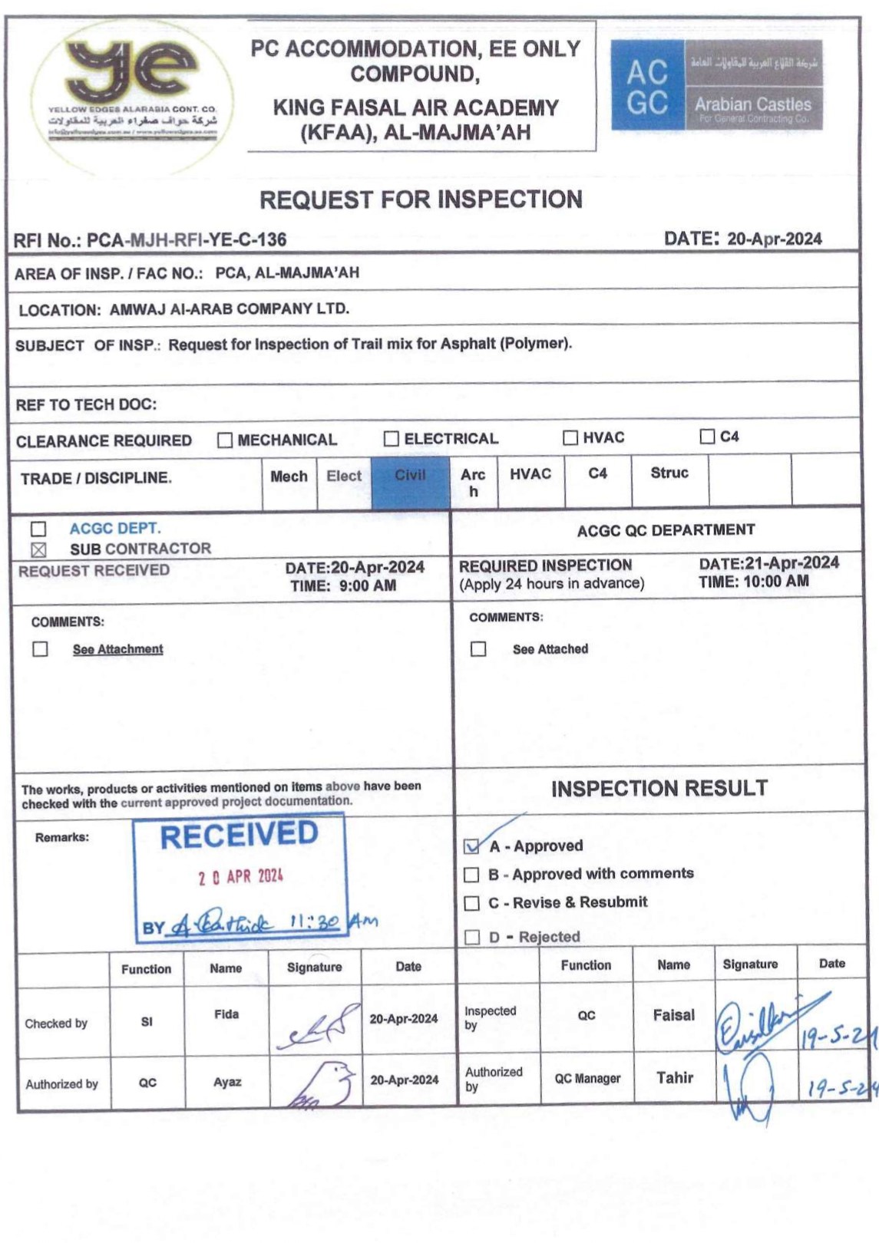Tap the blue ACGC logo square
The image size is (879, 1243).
tap(647, 85)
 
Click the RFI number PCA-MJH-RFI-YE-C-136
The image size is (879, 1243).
tap(187, 240)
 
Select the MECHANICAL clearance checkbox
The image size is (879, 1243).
tap(225, 440)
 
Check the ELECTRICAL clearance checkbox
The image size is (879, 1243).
tap(392, 439)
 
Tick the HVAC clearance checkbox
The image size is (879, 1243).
tap(570, 437)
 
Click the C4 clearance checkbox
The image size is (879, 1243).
tap(707, 437)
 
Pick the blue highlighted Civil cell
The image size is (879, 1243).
tap(410, 481)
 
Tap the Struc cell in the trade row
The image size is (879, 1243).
tap(669, 473)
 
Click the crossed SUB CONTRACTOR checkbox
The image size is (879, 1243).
tap(38, 549)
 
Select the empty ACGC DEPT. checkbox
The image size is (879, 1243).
tap(38, 529)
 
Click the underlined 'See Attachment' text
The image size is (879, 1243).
tap(118, 649)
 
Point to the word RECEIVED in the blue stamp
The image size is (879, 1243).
tap(239, 835)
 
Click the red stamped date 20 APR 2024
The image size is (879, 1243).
tap(241, 876)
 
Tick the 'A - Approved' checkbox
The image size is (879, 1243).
tap(472, 846)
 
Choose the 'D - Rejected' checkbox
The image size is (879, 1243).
tap(472, 937)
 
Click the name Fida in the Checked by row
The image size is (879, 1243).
tap(226, 1014)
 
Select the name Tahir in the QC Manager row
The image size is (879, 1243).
tap(675, 1078)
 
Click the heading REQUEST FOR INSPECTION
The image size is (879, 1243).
tap(421, 200)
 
